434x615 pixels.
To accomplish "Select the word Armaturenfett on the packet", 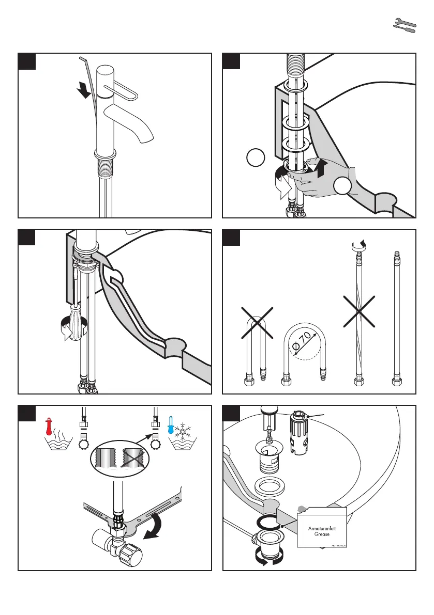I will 322,528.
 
